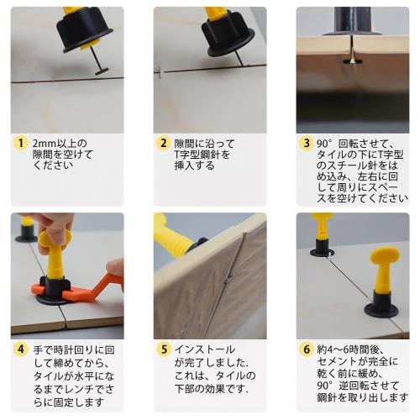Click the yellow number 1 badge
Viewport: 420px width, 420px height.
click(x=20, y=144)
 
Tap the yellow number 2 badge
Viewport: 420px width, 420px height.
click(x=164, y=144)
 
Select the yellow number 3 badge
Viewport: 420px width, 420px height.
click(x=306, y=144)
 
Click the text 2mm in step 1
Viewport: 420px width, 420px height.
click(x=45, y=144)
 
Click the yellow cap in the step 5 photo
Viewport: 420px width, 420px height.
click(x=172, y=239)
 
